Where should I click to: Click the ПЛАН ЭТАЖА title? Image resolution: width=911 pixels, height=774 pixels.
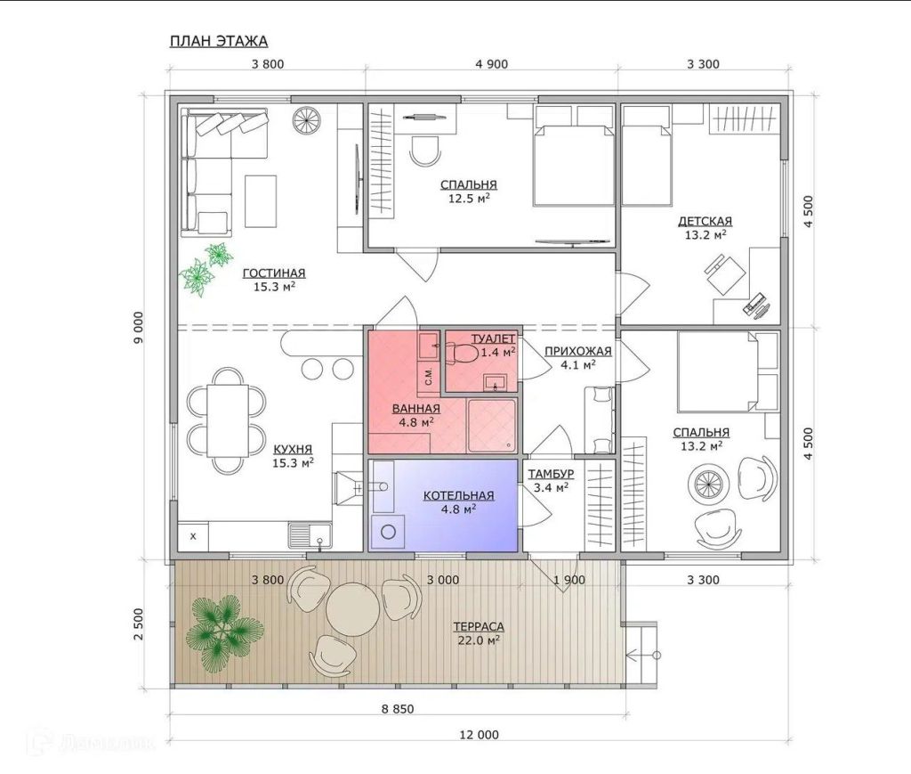pyautogui.click(x=219, y=41)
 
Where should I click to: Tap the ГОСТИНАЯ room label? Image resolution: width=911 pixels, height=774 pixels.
pyautogui.click(x=274, y=273)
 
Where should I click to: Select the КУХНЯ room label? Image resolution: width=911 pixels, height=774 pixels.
pyautogui.click(x=293, y=449)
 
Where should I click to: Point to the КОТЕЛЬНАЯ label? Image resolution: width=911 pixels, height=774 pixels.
pyautogui.click(x=458, y=495)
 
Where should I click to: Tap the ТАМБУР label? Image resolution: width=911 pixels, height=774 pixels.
pyautogui.click(x=551, y=474)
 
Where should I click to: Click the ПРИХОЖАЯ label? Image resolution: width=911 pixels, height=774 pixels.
pyautogui.click(x=578, y=351)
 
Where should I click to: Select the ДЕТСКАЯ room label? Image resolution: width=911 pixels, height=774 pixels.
pyautogui.click(x=705, y=221)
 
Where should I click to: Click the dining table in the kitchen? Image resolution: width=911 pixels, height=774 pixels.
pyautogui.click(x=228, y=420)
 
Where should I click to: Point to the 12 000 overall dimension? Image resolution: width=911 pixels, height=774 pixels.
pyautogui.click(x=479, y=735)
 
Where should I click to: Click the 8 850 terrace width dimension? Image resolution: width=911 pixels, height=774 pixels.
pyautogui.click(x=398, y=709)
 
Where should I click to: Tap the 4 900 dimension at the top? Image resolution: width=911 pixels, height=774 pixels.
pyautogui.click(x=491, y=64)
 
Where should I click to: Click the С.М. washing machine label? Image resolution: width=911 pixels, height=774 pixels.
pyautogui.click(x=429, y=377)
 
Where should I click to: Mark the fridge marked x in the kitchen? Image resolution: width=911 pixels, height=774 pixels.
pyautogui.click(x=193, y=536)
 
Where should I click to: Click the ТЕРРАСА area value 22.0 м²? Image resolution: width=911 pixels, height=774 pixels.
pyautogui.click(x=479, y=640)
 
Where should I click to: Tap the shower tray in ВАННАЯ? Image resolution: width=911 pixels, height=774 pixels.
pyautogui.click(x=491, y=425)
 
